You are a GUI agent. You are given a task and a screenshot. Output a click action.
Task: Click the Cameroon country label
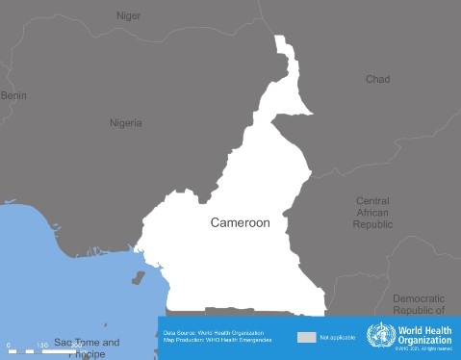(240, 221)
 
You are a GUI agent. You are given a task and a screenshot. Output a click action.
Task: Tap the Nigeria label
(125, 123)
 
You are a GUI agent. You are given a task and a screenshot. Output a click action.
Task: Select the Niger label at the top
(128, 15)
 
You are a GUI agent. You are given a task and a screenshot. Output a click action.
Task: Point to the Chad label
(377, 79)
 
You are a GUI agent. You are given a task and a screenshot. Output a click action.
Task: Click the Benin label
(13, 95)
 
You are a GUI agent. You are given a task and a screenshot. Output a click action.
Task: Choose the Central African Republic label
(372, 212)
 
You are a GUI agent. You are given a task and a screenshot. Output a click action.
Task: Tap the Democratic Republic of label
(419, 304)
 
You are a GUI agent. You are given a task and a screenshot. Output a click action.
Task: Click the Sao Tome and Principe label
(87, 347)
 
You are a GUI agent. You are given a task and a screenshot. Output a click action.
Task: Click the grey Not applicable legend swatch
(306, 338)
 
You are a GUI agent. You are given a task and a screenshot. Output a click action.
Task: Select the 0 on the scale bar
(8, 345)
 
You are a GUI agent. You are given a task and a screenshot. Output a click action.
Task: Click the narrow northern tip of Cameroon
(284, 48)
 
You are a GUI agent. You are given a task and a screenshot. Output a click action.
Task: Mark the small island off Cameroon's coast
(138, 279)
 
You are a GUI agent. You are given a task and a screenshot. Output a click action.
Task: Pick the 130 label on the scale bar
(42, 345)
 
